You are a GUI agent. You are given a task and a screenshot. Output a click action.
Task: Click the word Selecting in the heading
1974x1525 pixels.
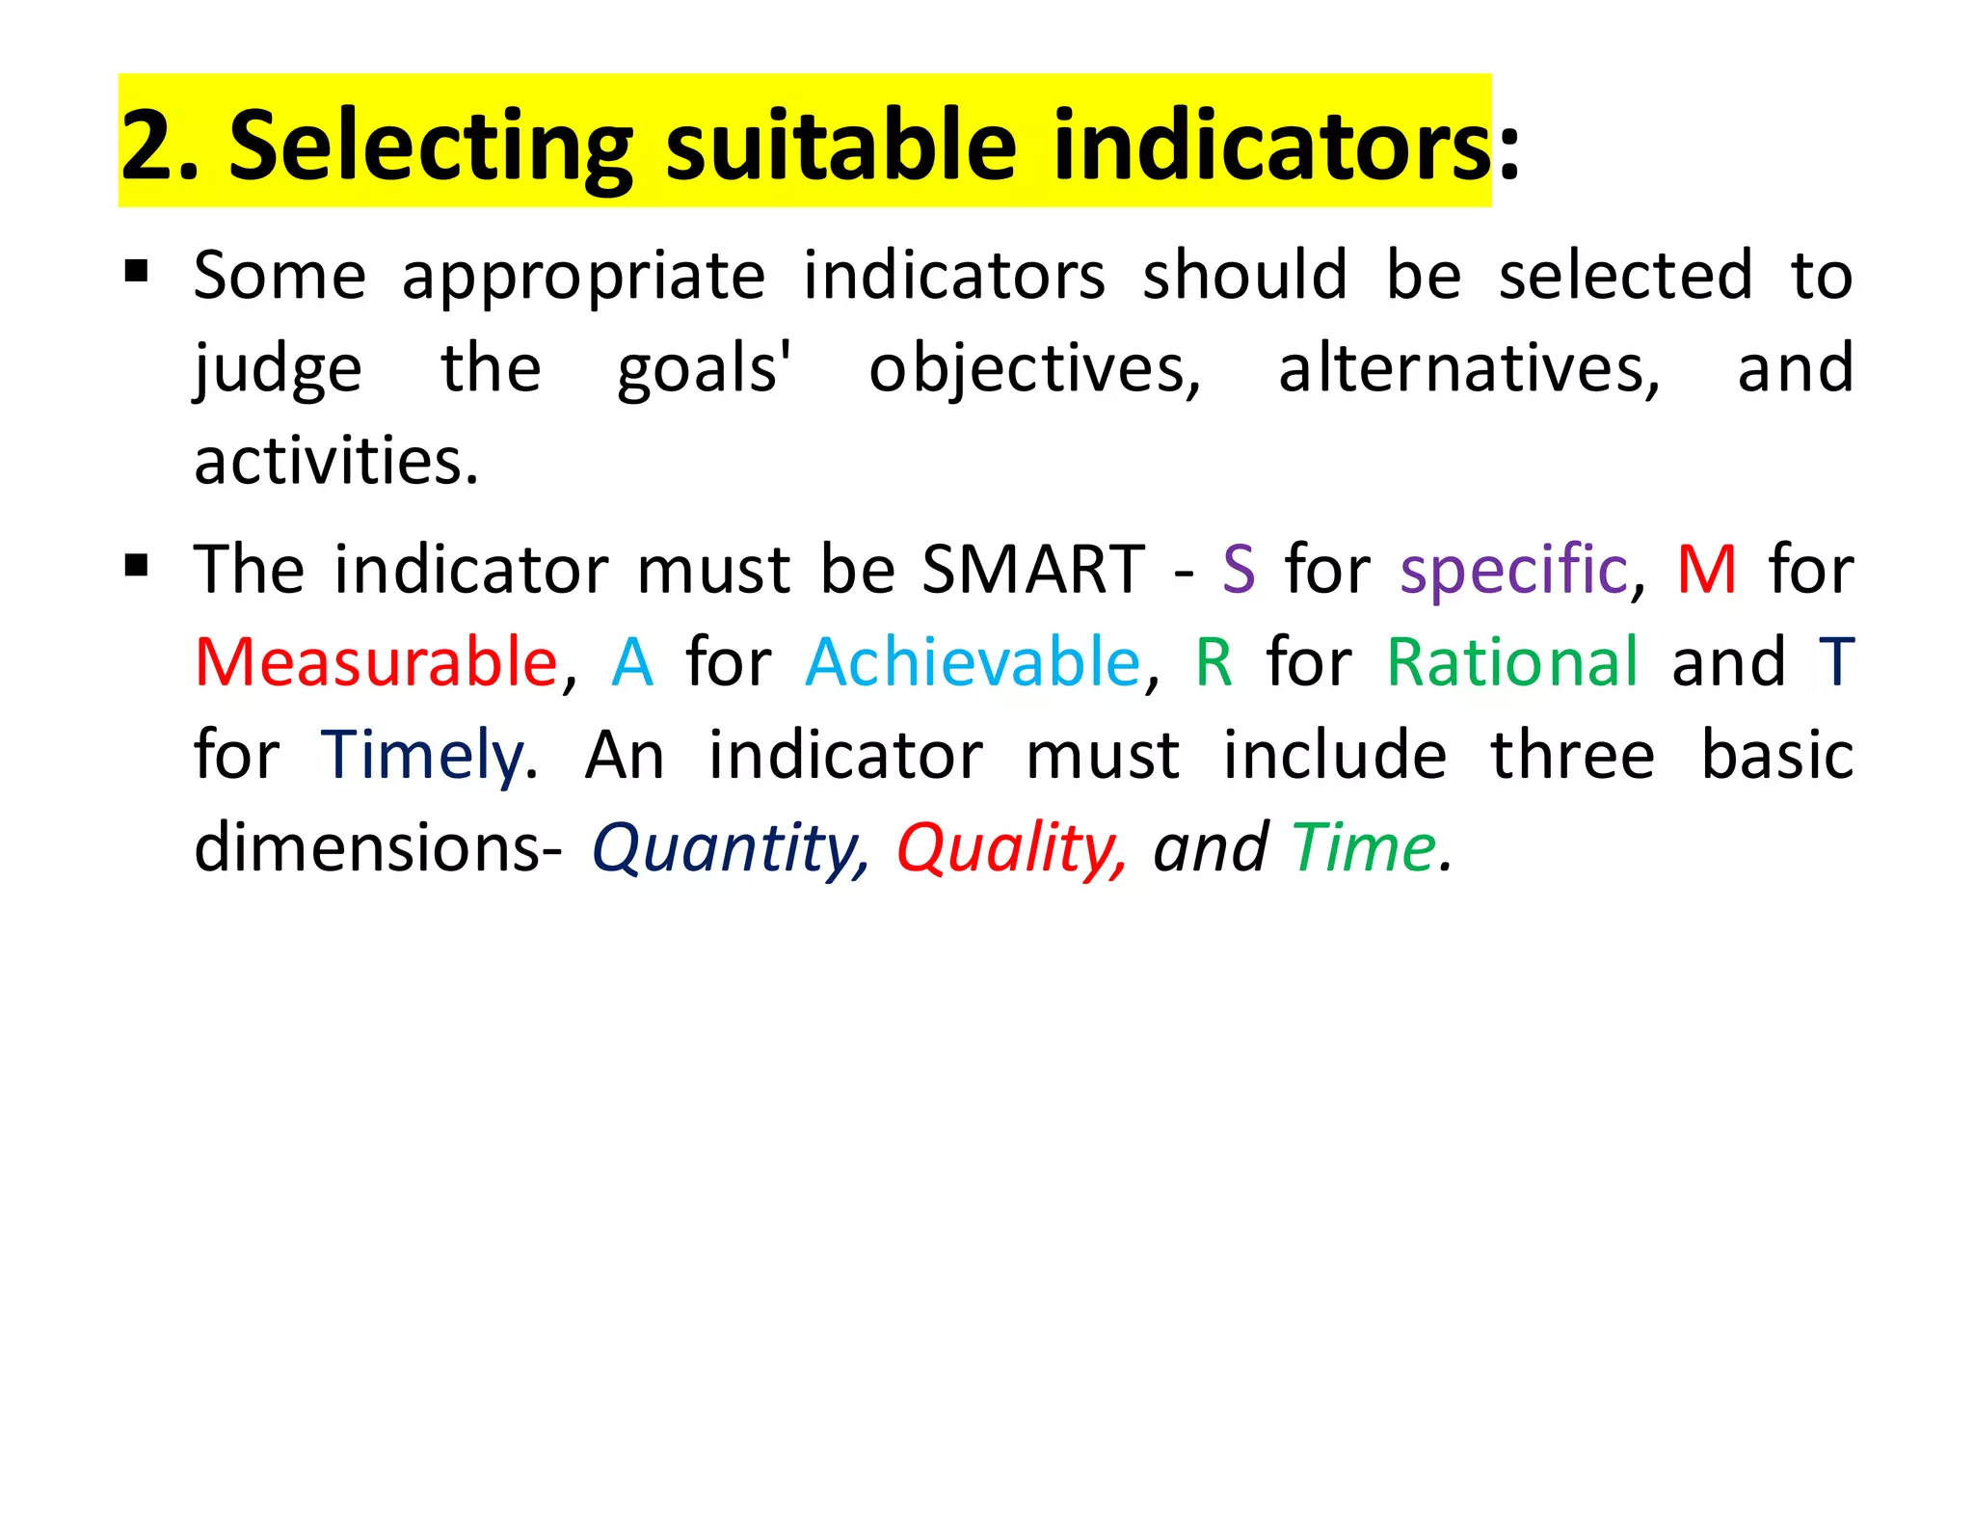[430, 145]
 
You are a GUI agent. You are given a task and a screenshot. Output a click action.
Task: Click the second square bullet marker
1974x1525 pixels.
[136, 564]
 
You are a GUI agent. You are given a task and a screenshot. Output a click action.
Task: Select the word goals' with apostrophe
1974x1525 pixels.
[704, 370]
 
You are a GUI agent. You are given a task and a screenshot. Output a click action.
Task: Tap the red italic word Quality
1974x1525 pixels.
[1010, 849]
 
